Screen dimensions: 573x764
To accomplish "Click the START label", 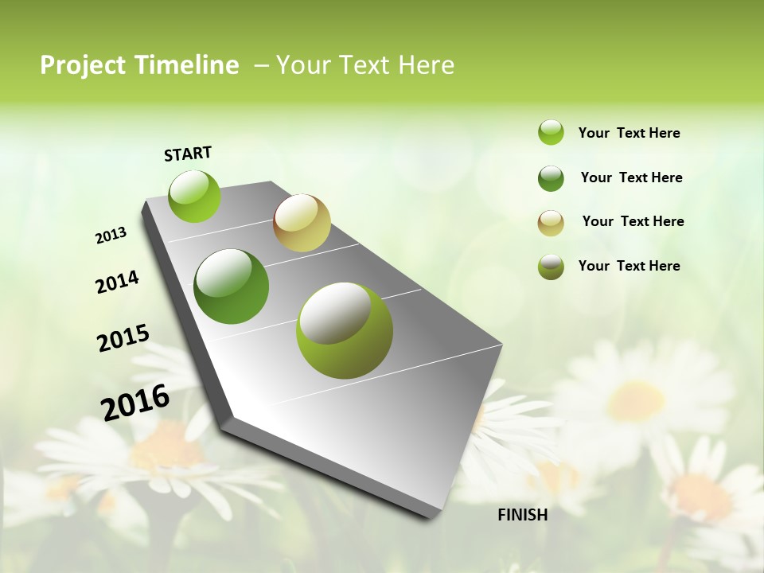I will coord(188,154).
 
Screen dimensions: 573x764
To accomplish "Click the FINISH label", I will coord(522,515).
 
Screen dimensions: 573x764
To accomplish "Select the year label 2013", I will coord(111,236).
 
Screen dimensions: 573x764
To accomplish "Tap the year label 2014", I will coord(117,282).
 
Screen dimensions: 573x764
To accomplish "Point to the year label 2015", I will coord(123,338).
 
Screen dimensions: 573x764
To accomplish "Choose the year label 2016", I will coord(135,403).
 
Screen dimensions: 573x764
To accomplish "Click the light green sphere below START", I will coord(195,196).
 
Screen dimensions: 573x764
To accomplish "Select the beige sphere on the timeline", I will coord(302,223).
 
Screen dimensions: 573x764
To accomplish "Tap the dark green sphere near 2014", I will coord(232,286).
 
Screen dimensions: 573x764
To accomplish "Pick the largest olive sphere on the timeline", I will coord(345,330).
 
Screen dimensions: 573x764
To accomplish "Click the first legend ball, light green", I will coord(551,132).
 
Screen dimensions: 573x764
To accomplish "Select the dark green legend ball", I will coord(551,178).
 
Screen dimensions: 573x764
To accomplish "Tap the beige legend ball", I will coord(551,223).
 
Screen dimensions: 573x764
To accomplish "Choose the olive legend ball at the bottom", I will coord(551,267).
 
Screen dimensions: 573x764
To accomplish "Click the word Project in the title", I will coord(83,65).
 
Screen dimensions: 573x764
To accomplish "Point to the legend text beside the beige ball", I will coord(633,221).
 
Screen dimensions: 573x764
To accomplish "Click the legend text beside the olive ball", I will coord(629,266).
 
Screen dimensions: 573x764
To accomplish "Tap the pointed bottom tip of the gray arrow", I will coord(435,515).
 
